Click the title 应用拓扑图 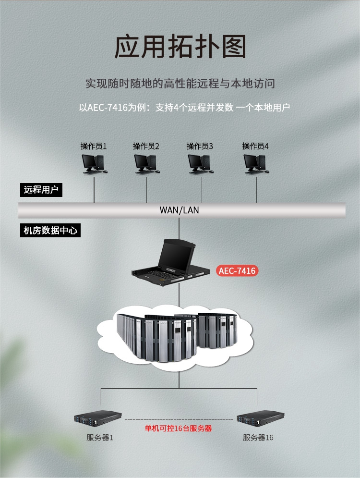click(x=180, y=48)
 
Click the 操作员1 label click(x=94, y=146)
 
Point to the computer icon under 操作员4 click(x=255, y=164)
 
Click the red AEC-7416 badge click(x=237, y=271)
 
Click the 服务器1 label click(x=100, y=438)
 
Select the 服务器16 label click(x=258, y=438)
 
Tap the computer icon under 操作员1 click(x=94, y=164)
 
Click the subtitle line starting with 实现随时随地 click(x=180, y=83)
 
